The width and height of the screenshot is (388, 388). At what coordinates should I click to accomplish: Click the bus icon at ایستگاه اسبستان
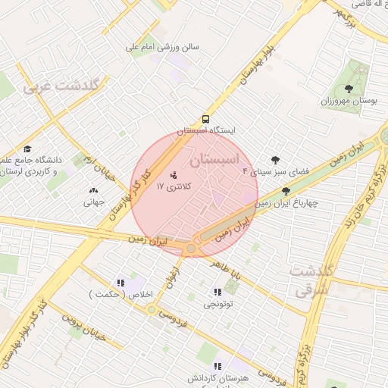coord(206,119)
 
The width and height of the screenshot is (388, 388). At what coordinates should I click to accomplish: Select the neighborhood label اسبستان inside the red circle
coord(214,160)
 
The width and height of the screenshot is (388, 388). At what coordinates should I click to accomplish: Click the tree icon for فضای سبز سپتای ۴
coord(274,160)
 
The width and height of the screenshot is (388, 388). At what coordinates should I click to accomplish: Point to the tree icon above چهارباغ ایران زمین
coord(286,191)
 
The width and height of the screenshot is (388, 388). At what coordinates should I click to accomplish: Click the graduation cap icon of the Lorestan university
coord(28,149)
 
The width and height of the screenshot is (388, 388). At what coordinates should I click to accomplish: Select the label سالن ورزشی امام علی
coord(162,47)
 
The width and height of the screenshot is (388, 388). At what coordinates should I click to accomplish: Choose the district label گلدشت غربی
coord(61,86)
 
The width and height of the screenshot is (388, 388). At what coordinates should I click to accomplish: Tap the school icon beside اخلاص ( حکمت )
coord(120,282)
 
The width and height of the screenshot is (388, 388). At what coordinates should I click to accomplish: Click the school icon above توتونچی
coord(218,292)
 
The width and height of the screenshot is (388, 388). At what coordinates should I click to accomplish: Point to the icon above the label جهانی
coord(93,191)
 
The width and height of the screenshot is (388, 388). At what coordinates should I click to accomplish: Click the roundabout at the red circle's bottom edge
coord(191,248)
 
